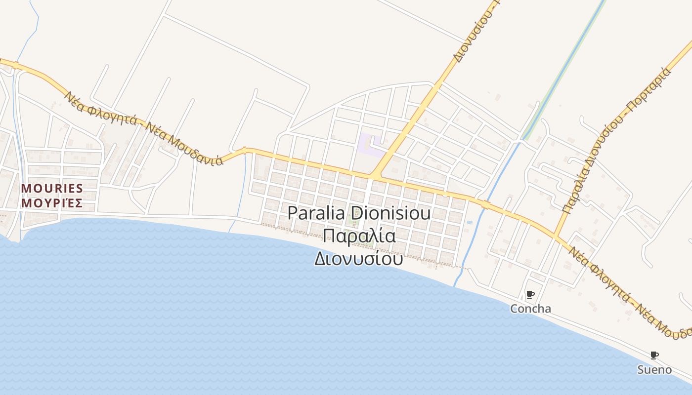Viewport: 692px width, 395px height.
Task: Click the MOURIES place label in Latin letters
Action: (x=52, y=189)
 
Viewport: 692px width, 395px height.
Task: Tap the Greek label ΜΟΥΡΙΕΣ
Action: (x=52, y=203)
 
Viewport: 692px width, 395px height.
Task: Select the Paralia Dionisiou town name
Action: (x=359, y=213)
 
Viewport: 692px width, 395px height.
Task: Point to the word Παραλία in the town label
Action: (x=359, y=236)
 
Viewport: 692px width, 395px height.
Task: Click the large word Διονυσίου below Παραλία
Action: (x=359, y=258)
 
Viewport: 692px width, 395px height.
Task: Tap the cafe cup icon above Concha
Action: (x=530, y=295)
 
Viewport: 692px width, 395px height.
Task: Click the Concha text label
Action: (x=530, y=309)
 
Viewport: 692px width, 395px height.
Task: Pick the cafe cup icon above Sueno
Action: (x=654, y=355)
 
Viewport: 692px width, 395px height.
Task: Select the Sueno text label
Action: (x=654, y=370)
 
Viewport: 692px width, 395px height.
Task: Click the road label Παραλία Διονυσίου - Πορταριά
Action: (x=618, y=140)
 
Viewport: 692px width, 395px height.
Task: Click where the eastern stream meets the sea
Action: (x=455, y=286)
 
